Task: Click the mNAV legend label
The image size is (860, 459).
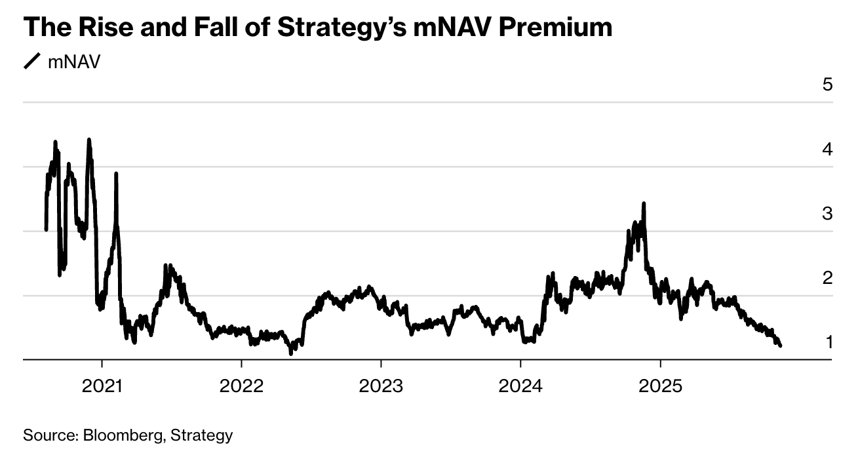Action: point(74,62)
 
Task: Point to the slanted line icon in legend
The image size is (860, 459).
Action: point(32,62)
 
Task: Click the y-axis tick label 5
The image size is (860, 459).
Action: point(828,85)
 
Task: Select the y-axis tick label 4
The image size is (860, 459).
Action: point(828,150)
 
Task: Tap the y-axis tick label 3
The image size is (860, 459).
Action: point(828,214)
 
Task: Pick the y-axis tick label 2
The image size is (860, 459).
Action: point(828,278)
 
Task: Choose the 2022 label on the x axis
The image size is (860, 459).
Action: point(241,386)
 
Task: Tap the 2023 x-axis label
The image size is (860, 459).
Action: point(381,386)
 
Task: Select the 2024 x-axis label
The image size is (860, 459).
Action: point(520,386)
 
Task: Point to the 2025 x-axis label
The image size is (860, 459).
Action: point(660,386)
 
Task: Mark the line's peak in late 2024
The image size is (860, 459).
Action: point(644,204)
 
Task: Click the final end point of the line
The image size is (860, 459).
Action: point(780,346)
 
